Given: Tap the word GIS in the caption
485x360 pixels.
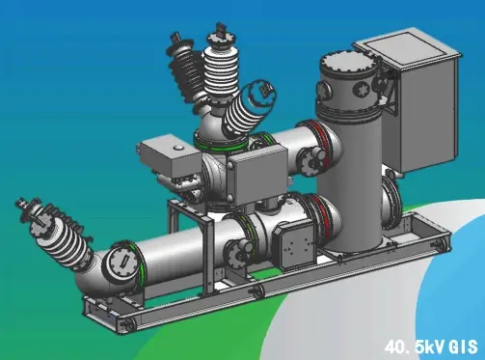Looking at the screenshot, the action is (x=464, y=347).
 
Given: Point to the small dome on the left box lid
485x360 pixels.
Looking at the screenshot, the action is (x=178, y=148).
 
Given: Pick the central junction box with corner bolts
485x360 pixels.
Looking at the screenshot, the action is (x=257, y=175).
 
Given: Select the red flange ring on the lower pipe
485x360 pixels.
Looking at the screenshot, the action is (x=320, y=215).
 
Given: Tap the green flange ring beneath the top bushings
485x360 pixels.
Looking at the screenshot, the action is (x=221, y=145).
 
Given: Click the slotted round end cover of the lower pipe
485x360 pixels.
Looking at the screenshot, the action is (x=121, y=262).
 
